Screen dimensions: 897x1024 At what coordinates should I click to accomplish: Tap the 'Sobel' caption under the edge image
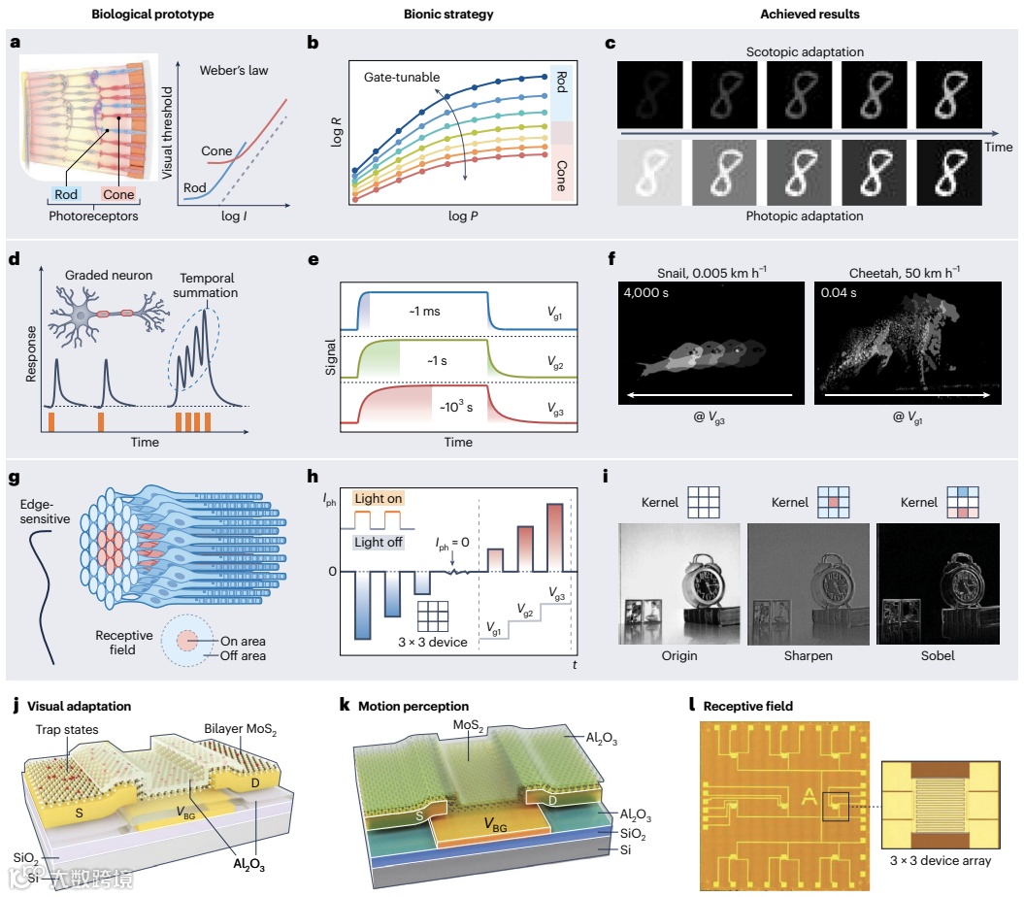pyautogui.click(x=939, y=656)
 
